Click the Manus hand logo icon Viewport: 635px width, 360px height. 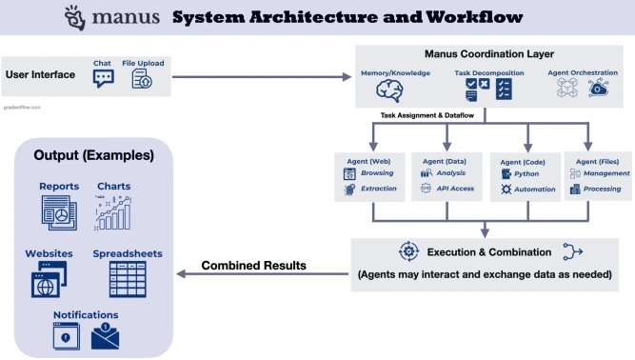coord(73,18)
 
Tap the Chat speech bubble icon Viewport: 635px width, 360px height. coord(103,80)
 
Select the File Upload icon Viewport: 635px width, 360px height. coord(143,80)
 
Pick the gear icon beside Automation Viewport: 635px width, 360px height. coord(506,190)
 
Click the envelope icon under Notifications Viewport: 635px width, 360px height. coord(106,336)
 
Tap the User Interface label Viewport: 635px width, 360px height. coord(41,74)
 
